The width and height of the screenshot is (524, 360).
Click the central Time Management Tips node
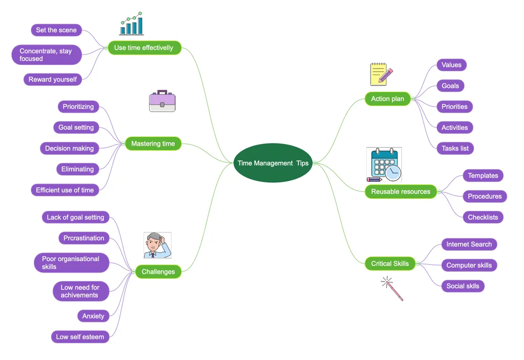pos(273,163)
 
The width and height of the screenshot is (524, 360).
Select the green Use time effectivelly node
pos(144,48)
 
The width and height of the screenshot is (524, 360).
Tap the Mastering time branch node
pos(153,144)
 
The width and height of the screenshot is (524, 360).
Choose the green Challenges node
pos(158,272)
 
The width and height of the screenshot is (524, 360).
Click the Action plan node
pos(388,99)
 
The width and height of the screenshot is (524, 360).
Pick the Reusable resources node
pos(400,191)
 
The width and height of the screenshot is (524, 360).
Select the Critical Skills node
pos(390,264)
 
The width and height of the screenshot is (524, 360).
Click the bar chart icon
pos(132,24)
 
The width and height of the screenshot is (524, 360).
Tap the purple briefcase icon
pos(162,101)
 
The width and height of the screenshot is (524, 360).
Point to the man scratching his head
pos(157,245)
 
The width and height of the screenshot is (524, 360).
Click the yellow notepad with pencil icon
pos(381,74)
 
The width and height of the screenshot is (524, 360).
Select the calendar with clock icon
pos(385,165)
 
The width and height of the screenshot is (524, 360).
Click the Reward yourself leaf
pos(52,80)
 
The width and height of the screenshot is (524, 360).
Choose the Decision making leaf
pos(69,148)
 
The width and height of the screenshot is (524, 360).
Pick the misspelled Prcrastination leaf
pos(84,238)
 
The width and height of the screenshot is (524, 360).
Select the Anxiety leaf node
pos(93,316)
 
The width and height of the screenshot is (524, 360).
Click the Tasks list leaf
pos(455,148)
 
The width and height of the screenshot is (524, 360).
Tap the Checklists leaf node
pos(482,217)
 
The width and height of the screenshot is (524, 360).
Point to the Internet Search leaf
pos(469,244)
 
